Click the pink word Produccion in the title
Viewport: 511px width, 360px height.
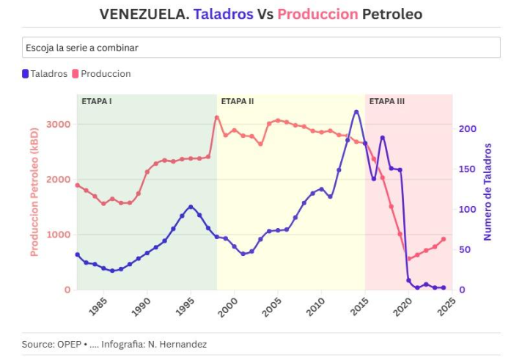coord(317,14)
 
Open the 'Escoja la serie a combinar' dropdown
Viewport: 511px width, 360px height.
coord(261,48)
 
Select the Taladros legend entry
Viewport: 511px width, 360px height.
coord(45,74)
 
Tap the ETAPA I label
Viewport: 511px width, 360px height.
coord(96,101)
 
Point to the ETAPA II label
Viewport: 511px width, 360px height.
coord(237,101)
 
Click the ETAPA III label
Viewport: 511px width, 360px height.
coord(386,101)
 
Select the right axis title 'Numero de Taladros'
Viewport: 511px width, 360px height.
coord(487,191)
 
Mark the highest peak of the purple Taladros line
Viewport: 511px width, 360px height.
coord(356,111)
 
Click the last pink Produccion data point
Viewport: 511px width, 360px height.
coord(444,239)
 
